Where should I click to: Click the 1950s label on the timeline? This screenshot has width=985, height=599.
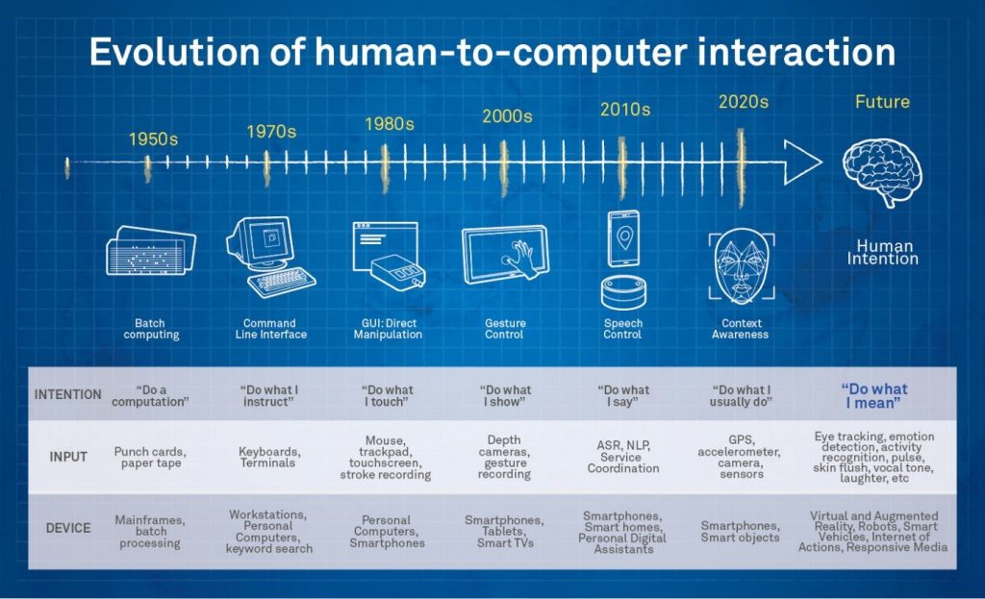153,138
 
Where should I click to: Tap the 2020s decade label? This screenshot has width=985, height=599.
744,102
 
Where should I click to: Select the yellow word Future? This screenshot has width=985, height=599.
882,102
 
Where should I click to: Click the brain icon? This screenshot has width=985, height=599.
882,172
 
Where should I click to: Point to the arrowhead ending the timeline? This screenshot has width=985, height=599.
802,162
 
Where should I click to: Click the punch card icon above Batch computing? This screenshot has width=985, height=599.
151,251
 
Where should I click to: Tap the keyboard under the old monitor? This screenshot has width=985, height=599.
282,283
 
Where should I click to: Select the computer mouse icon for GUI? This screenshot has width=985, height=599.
398,270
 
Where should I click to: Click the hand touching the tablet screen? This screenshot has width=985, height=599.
522,258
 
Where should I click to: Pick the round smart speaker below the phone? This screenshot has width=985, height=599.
623,292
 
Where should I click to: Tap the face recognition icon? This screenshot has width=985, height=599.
742,265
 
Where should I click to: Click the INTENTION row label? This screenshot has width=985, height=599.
68,394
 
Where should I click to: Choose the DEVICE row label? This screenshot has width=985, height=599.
68,528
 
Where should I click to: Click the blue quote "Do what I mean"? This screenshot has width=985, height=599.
873,396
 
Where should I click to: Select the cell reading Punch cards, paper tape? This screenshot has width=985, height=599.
150,457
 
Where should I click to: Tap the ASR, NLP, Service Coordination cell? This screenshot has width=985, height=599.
622,457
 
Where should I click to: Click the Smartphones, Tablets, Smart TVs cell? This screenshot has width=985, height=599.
504,531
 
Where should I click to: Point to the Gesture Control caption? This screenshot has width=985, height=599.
504,329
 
